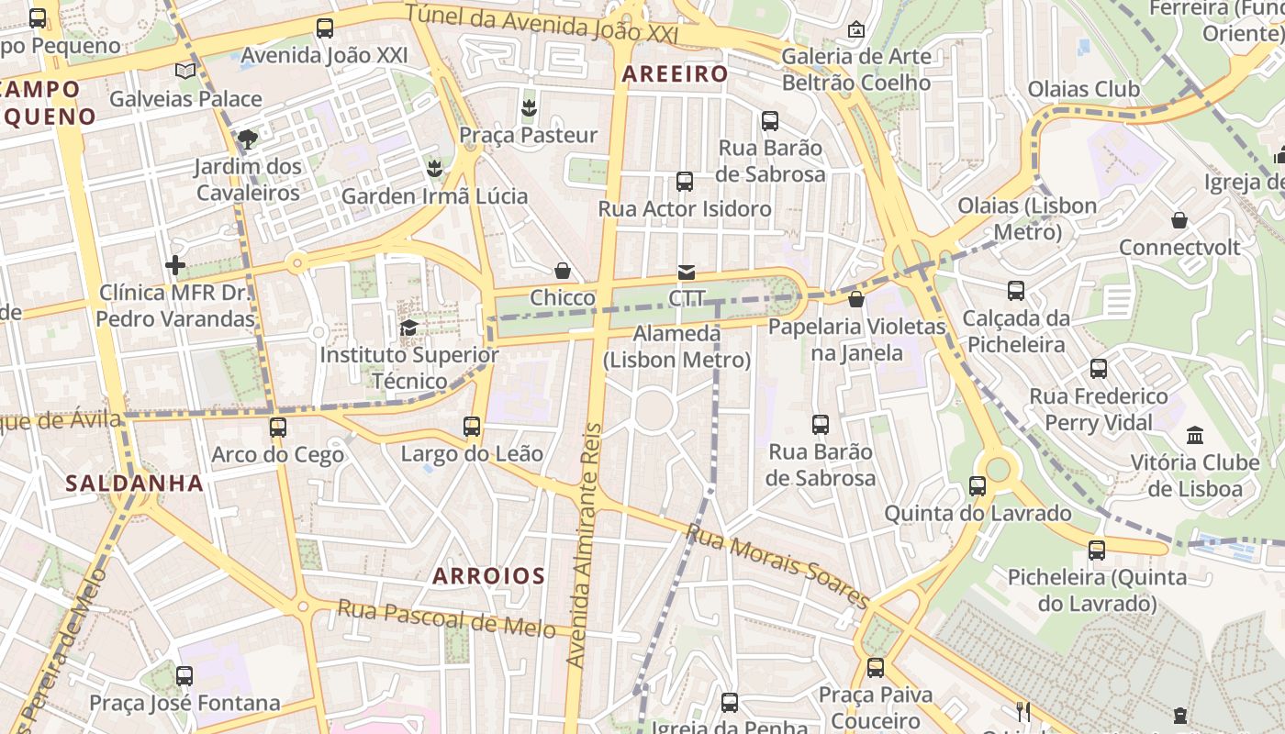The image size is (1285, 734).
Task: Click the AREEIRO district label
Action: point(676,74)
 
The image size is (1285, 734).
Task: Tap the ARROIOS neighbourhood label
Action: point(488,576)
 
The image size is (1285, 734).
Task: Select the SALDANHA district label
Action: point(135,484)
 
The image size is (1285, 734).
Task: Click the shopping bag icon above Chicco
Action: point(563,272)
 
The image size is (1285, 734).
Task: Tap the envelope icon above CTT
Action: point(686,272)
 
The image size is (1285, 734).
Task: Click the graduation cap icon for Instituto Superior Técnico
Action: point(409,328)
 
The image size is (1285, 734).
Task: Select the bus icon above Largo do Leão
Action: point(472,427)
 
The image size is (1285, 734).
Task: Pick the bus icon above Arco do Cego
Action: point(277,428)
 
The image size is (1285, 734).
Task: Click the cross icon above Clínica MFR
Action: point(175,266)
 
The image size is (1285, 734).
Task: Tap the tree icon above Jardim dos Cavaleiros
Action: point(247,139)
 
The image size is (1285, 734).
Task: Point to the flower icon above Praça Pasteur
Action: point(528,108)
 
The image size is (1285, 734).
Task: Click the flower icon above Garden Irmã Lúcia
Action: point(434,169)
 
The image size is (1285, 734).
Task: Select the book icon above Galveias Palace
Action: point(185,72)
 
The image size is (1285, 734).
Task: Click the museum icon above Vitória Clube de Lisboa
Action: point(1195,435)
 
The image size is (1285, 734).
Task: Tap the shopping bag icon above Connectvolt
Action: point(1179,220)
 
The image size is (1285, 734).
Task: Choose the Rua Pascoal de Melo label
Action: point(446,617)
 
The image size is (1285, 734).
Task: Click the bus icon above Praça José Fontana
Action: point(184,676)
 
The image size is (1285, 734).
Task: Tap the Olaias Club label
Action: point(1083,90)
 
